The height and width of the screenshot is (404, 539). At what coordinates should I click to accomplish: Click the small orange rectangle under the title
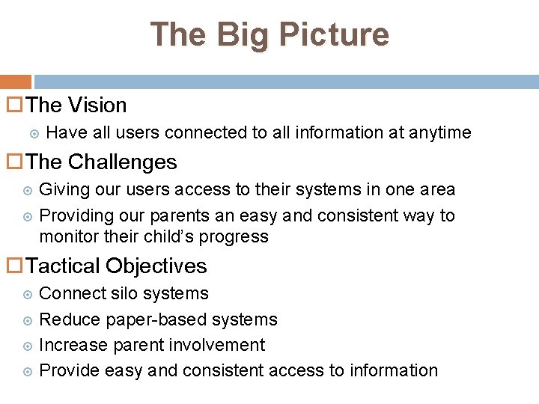click(x=15, y=82)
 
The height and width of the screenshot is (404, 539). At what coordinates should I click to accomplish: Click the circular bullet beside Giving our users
click(x=28, y=190)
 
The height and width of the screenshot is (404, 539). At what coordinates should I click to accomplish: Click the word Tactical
click(x=63, y=266)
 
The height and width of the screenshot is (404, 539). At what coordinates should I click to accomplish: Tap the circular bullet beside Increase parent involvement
click(x=28, y=345)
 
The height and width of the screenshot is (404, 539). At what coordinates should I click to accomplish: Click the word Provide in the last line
click(x=70, y=370)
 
